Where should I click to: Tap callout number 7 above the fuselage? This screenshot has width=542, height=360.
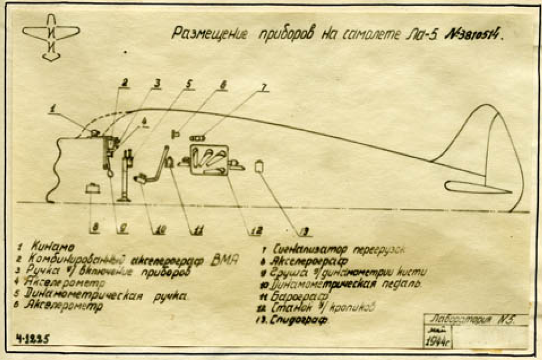click(263, 87)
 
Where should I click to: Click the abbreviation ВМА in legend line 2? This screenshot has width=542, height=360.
click(224, 260)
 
